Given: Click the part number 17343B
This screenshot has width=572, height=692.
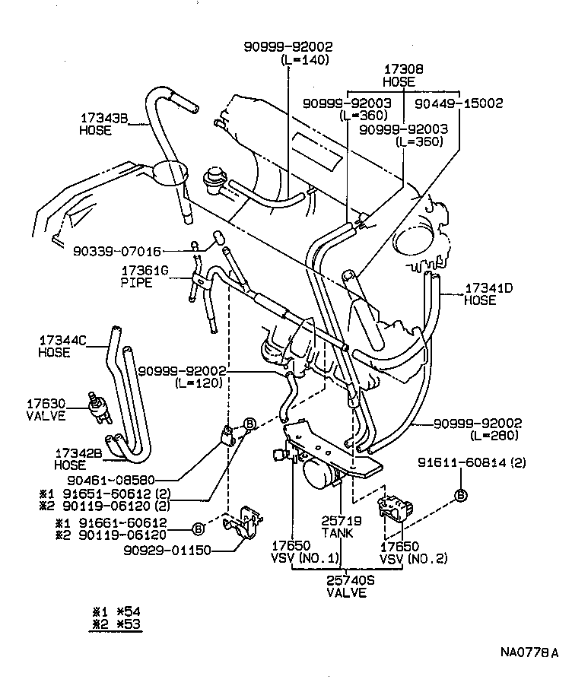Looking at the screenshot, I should [x=106, y=119].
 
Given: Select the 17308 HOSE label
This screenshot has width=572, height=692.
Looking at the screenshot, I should [x=399, y=75].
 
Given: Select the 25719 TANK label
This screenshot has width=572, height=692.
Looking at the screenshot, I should [x=336, y=527].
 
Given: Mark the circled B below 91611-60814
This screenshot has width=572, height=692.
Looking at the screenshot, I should [x=461, y=496].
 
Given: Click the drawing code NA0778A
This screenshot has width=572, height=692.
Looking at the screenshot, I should [x=529, y=652].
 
